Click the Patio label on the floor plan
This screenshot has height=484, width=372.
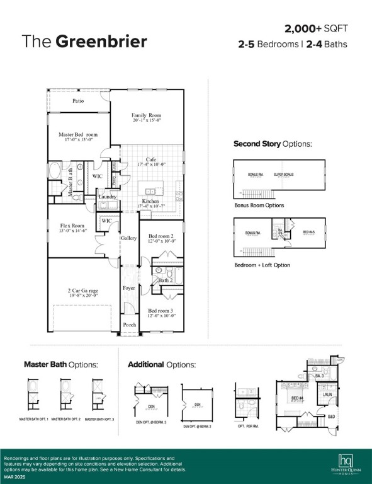click(x=78, y=101)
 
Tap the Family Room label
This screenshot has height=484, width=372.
click(x=147, y=116)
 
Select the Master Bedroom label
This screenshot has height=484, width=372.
click(x=78, y=135)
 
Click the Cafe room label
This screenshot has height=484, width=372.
click(x=151, y=159)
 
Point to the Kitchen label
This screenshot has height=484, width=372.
click(x=150, y=202)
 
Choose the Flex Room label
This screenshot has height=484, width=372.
click(x=72, y=226)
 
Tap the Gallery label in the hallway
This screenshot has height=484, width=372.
click(x=129, y=238)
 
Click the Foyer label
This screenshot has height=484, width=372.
click(x=129, y=288)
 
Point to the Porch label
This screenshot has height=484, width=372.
click(x=129, y=325)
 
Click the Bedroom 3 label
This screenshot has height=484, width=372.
click(x=161, y=311)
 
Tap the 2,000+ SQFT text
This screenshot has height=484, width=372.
click(x=316, y=29)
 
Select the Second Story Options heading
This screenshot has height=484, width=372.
click(x=273, y=144)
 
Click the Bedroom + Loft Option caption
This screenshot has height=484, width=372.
click(x=262, y=265)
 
